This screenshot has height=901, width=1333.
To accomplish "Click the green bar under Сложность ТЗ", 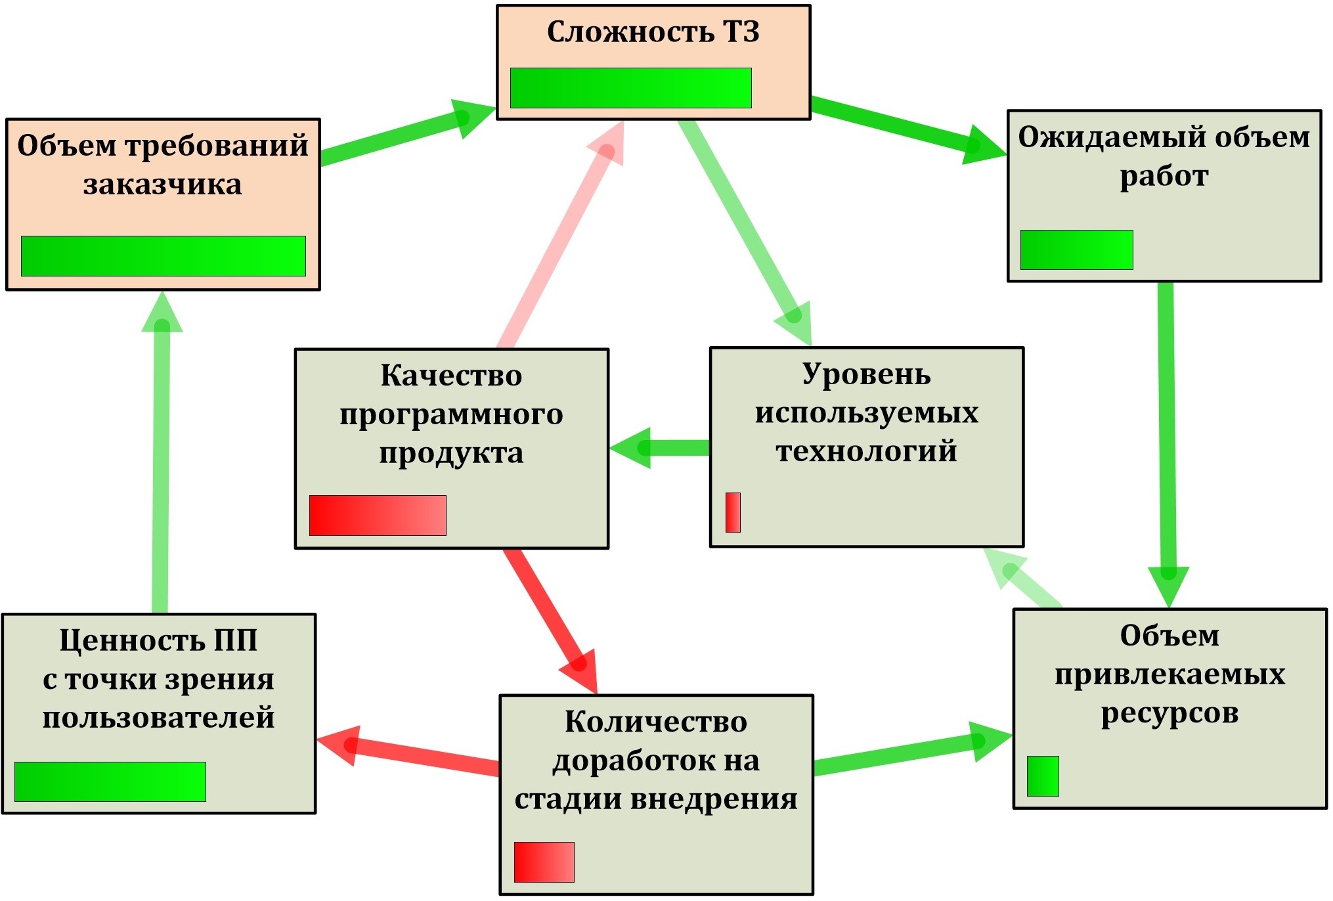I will (630, 88).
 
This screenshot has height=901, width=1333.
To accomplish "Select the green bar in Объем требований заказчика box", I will (163, 256).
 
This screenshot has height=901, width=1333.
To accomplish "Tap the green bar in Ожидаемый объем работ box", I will (1076, 250).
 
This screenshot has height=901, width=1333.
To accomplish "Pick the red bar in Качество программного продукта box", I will (378, 516).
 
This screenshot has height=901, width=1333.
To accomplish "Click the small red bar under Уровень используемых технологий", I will (733, 512).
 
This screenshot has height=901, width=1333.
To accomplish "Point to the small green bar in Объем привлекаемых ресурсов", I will (1043, 776).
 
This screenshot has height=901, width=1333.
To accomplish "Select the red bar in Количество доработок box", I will (544, 862).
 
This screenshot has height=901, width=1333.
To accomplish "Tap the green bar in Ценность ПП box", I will (110, 782).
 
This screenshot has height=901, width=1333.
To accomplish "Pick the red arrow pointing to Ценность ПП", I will (414, 755).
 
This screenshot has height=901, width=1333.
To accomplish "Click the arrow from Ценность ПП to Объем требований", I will (161, 460).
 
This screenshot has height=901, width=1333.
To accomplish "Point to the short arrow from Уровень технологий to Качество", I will (663, 448).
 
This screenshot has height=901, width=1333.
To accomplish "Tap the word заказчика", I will (162, 185).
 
